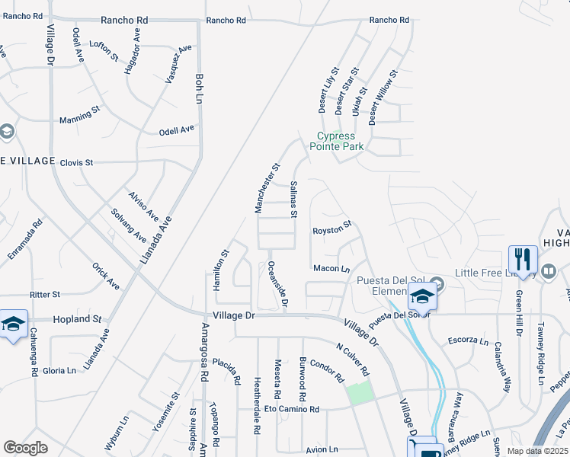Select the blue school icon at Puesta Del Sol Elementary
pos(421,296)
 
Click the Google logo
pos(26,447)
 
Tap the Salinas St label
pos(293,194)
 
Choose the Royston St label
pos(331,227)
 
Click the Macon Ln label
pos(331,268)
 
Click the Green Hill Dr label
pos(519,312)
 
